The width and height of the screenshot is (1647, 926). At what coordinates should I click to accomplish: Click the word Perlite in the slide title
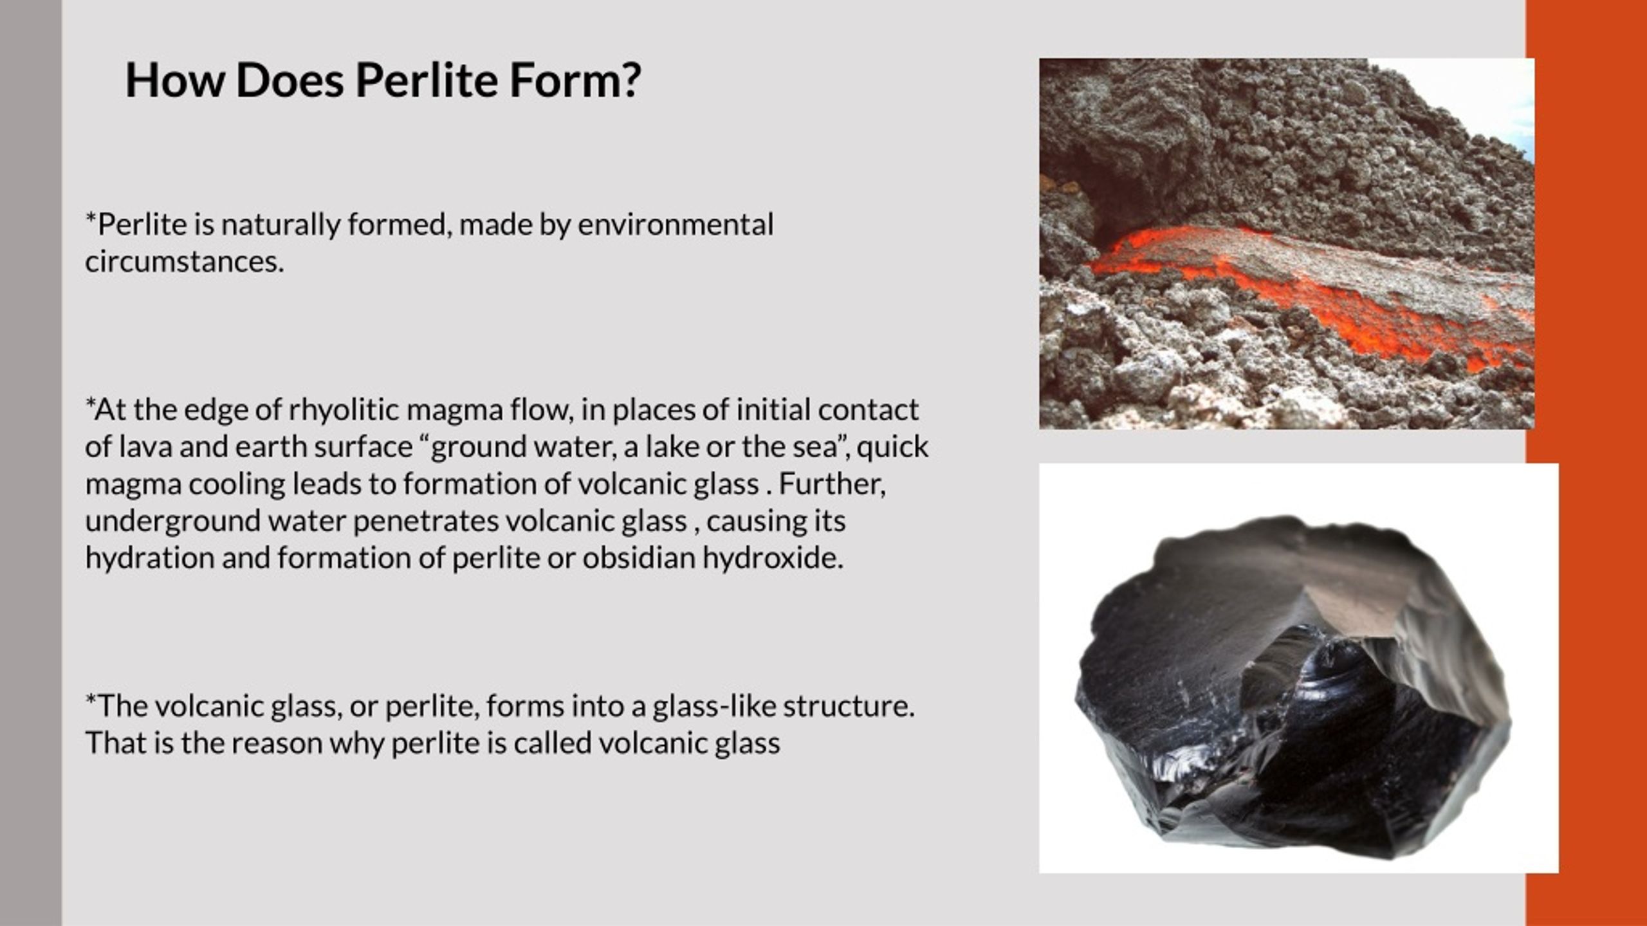(426, 80)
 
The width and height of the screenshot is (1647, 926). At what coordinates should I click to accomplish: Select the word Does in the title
(290, 80)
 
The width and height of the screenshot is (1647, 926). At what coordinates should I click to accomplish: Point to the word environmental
(676, 224)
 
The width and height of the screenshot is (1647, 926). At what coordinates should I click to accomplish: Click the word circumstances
(184, 262)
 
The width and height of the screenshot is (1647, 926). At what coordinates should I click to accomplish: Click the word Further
(832, 484)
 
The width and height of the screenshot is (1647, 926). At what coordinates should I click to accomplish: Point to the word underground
(172, 521)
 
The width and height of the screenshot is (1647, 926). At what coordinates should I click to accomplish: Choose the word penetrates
(425, 521)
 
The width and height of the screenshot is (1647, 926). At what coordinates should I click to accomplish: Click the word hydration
(149, 558)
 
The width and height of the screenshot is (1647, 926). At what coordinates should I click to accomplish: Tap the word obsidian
(638, 558)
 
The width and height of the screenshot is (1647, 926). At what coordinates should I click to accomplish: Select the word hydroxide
(773, 558)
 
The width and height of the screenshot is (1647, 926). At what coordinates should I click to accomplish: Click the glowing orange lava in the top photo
(1351, 315)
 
